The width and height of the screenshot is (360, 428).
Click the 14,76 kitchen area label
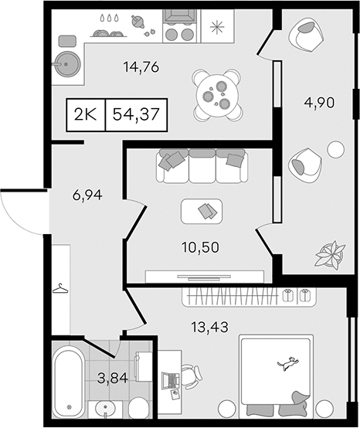coord(141,67)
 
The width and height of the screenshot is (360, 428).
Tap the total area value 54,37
coord(136,114)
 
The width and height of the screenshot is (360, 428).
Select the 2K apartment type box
coord(86,114)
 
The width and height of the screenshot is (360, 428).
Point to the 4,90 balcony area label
coord(319,103)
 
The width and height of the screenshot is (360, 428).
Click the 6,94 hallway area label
coord(87,195)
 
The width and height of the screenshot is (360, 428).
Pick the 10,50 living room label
coord(200,247)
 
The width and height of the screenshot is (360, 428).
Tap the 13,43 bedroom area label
coord(209,327)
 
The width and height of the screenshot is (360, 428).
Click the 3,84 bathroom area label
coord(113,379)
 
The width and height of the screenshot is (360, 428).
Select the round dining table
coord(217,95)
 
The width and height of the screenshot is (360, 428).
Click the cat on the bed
coord(287,363)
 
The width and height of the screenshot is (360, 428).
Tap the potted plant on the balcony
coord(330,253)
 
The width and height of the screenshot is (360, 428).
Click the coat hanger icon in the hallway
coord(60,288)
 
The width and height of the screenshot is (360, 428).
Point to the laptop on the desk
coord(171,381)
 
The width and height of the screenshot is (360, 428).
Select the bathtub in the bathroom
coord(69,381)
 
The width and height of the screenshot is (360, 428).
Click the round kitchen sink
coord(67,64)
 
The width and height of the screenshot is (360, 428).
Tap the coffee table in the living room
coord(202,211)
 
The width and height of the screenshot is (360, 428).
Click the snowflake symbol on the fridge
coord(218,26)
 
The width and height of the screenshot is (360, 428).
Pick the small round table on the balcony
coord(336,149)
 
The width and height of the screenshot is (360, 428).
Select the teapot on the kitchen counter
coord(138,22)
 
